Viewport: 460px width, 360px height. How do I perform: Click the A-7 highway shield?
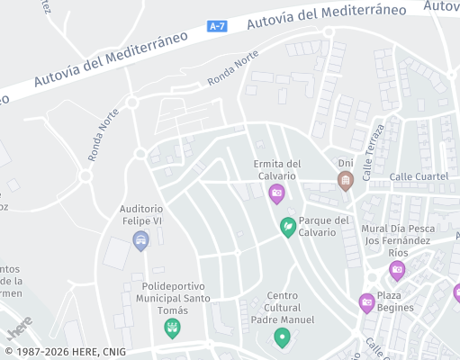click(x=217, y=27)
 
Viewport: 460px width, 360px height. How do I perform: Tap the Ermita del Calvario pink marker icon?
click(x=276, y=193)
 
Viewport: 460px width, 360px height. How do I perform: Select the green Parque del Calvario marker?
click(x=288, y=226)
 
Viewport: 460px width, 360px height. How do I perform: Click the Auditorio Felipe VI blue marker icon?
click(x=140, y=239)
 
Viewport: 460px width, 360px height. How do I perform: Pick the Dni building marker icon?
click(x=345, y=181)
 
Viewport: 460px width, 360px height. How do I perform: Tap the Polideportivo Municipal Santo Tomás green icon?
click(x=172, y=328)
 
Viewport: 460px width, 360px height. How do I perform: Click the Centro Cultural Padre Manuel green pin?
click(x=283, y=337)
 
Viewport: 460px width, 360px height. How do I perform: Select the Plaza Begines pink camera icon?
click(x=366, y=302)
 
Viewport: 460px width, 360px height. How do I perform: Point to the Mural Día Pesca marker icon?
click(x=397, y=269)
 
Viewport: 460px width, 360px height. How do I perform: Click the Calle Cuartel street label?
click(x=419, y=176)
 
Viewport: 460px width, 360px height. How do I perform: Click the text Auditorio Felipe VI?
click(x=140, y=214)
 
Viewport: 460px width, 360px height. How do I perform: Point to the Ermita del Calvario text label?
click(x=277, y=169)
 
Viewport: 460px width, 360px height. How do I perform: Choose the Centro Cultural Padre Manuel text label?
click(x=283, y=308)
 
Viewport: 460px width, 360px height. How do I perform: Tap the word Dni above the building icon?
click(x=345, y=163)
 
